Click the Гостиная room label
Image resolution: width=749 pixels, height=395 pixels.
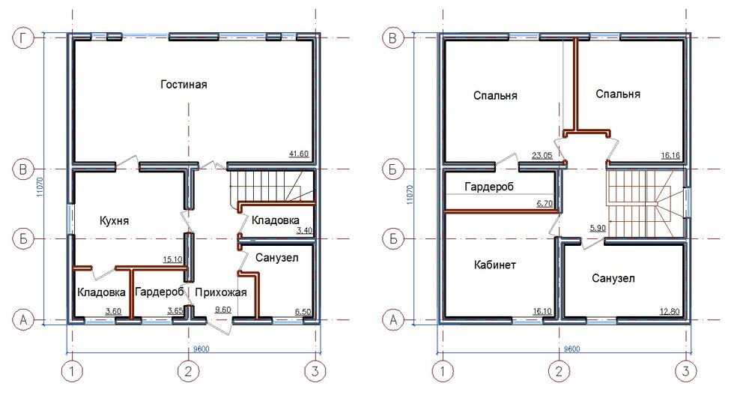(x=184, y=85)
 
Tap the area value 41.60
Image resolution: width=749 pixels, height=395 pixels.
(x=299, y=154)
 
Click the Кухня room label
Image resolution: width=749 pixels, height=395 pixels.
(x=114, y=221)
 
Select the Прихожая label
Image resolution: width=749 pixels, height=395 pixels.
(x=221, y=292)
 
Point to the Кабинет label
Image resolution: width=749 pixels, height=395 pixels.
(x=495, y=265)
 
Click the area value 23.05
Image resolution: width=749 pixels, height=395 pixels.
(x=542, y=155)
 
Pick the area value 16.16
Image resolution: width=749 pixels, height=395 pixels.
(x=670, y=155)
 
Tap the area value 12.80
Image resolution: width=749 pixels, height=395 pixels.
(x=669, y=312)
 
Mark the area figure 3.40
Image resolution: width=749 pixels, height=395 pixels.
(x=305, y=231)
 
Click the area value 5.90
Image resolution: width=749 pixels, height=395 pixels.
(x=598, y=228)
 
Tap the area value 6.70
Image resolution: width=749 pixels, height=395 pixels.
(x=545, y=203)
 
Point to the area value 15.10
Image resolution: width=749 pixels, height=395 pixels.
(x=172, y=259)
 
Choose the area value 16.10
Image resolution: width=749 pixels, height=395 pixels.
(x=542, y=311)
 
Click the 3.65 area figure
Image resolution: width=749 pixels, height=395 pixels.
(x=176, y=310)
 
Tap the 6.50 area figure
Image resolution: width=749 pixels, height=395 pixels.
(x=303, y=312)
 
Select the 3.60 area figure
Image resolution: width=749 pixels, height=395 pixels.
(x=113, y=311)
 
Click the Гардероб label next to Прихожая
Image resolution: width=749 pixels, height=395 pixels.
(x=160, y=292)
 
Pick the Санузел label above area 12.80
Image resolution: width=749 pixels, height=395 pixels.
(x=613, y=278)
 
